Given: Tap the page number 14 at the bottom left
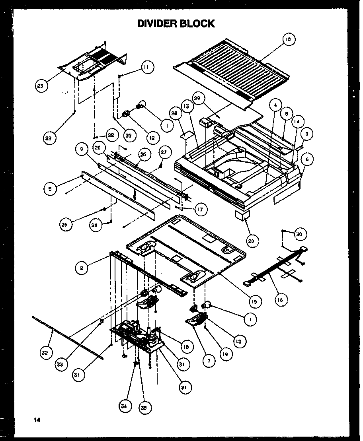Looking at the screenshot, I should [37, 420].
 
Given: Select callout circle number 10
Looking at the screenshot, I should [289, 39].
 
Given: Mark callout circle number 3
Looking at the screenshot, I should [306, 134].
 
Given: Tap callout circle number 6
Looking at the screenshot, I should [306, 159].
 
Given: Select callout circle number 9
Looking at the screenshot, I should [81, 149].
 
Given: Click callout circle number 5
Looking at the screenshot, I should [50, 189].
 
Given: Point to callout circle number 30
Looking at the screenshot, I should [299, 235].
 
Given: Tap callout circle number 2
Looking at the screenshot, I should [81, 268].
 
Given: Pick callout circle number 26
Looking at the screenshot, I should [64, 224].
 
